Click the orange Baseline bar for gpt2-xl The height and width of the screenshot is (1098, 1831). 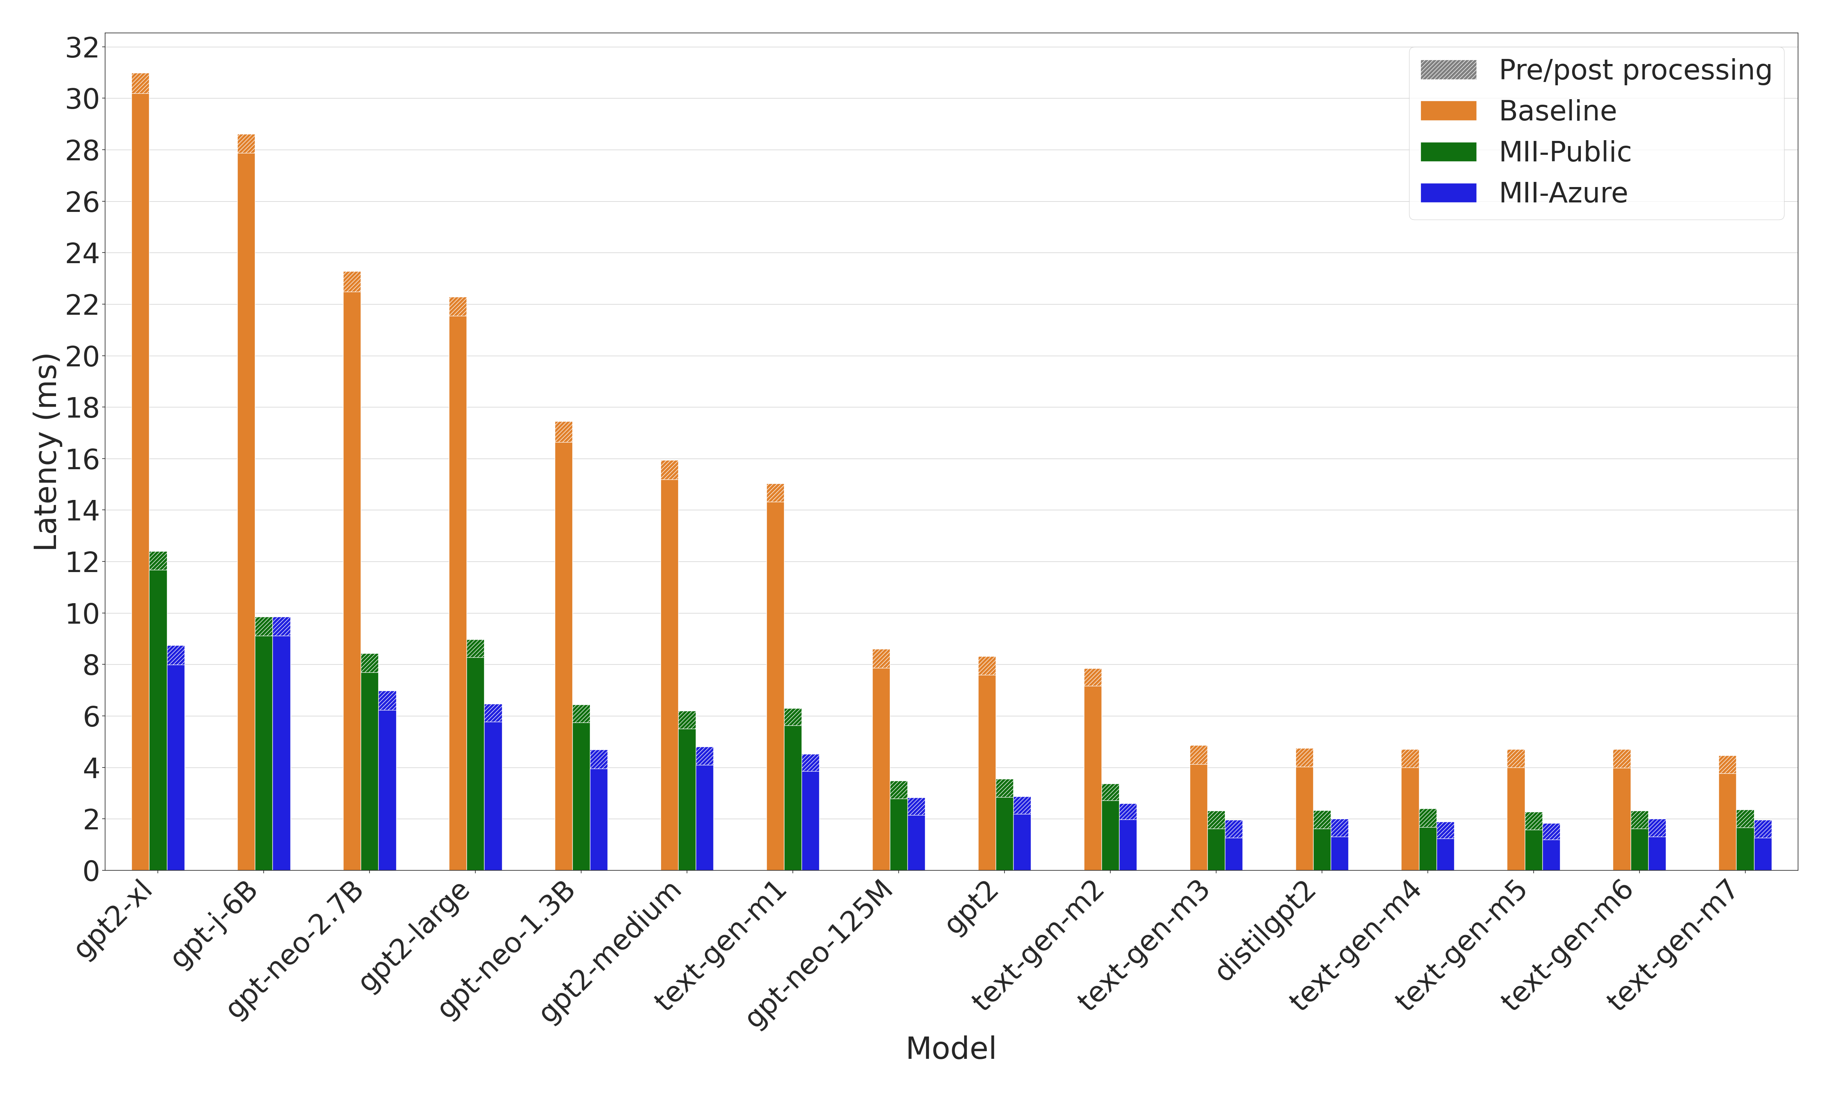point(140,481)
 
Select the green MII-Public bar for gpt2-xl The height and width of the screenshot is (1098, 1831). point(157,718)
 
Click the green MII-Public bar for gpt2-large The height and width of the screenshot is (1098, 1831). point(475,762)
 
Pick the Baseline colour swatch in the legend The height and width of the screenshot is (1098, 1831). point(1448,111)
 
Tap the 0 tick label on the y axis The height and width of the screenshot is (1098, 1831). point(90,871)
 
